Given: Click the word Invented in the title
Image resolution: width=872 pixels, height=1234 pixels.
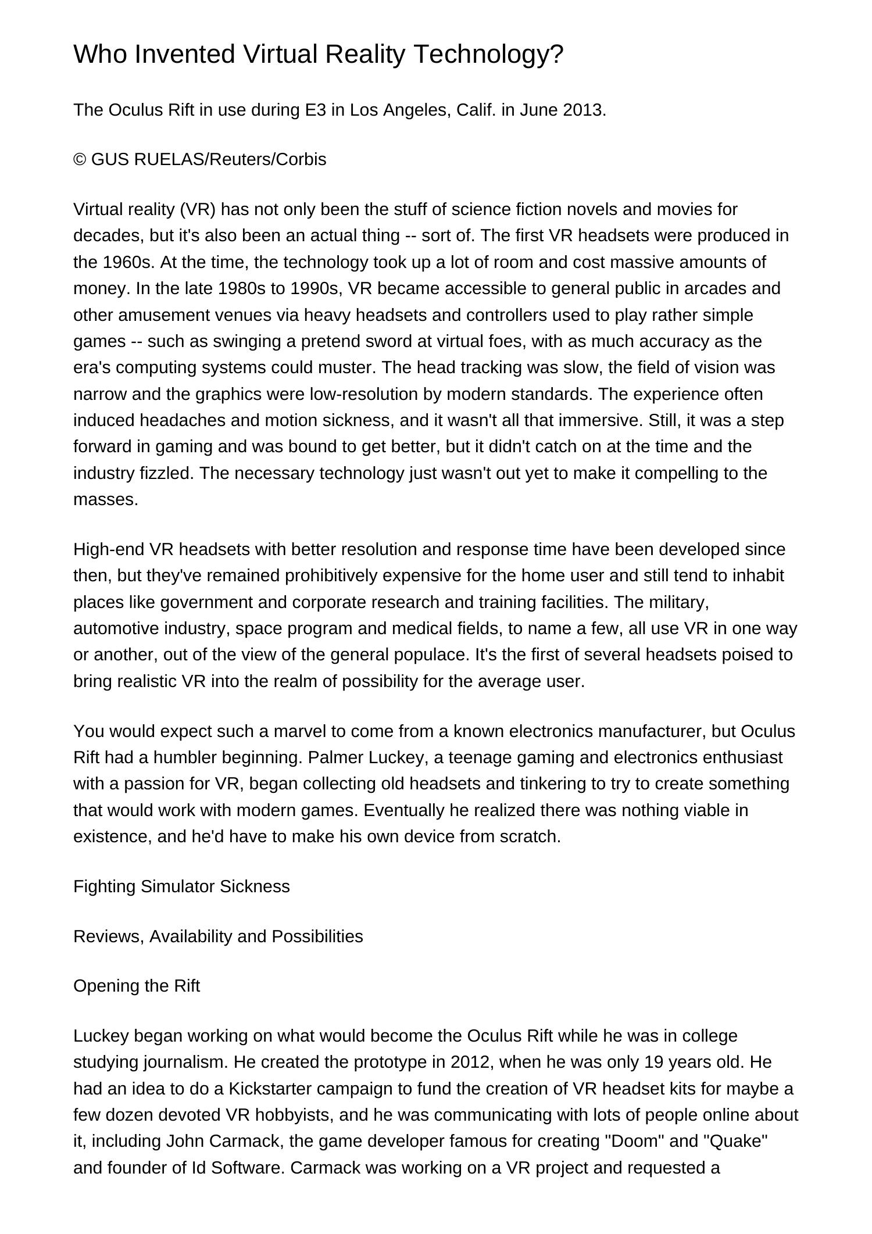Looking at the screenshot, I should (x=185, y=54).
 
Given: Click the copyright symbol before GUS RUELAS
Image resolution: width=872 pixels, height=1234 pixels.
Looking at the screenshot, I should (x=80, y=159).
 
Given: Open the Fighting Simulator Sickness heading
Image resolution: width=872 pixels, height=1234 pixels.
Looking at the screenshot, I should (x=181, y=886).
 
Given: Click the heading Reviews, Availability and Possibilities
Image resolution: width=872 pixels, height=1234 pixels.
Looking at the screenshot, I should (x=218, y=936).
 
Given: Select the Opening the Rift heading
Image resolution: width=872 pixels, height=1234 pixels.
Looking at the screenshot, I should (x=137, y=986).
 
